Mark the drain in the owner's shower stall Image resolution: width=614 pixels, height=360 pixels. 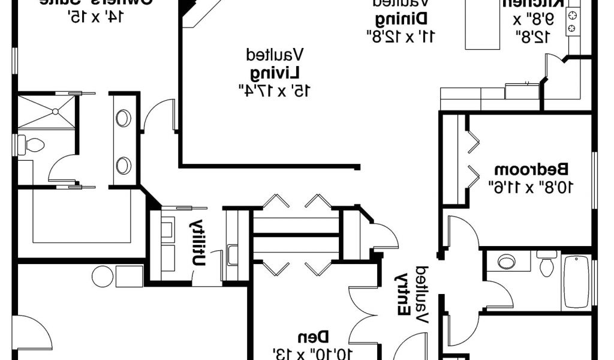[x=55, y=112]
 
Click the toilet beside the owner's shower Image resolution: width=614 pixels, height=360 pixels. [x=33, y=145]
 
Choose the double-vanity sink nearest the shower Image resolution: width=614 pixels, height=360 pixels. [x=124, y=118]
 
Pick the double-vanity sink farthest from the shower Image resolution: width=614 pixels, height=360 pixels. [x=124, y=164]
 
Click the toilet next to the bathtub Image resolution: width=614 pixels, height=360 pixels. [x=546, y=264]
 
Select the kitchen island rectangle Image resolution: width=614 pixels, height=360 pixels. [x=483, y=27]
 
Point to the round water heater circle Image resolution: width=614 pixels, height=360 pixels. [x=103, y=275]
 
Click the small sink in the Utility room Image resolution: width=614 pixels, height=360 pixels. [x=233, y=254]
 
